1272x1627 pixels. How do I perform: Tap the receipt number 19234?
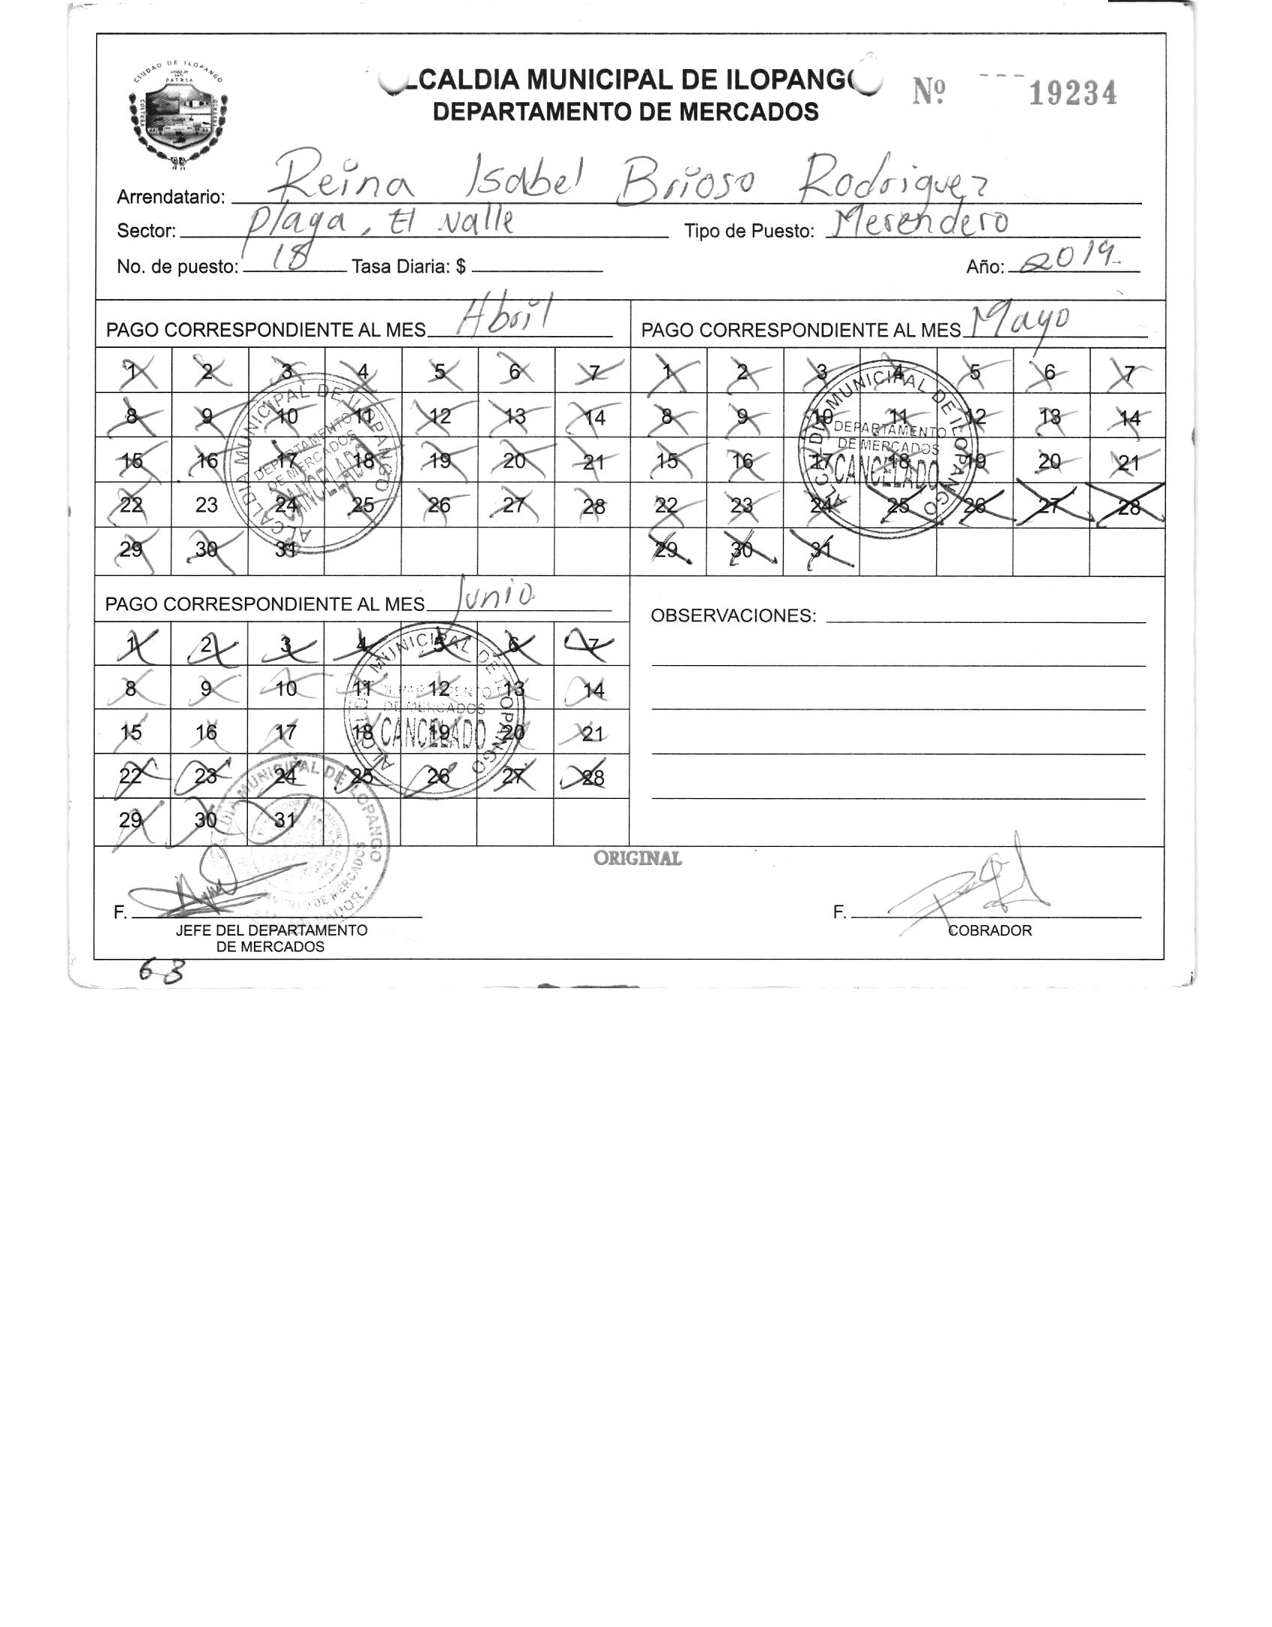click(x=1072, y=94)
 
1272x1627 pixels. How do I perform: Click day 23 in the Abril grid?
click(x=207, y=505)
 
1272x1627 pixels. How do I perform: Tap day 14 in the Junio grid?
click(x=593, y=690)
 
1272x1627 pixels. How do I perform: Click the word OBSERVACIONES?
click(x=733, y=616)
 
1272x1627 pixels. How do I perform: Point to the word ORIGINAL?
click(x=638, y=858)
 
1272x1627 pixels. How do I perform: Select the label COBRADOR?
click(x=990, y=930)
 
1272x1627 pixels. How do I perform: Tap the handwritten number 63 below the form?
click(x=162, y=973)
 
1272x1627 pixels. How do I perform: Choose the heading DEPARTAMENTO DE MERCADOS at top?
click(x=626, y=112)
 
